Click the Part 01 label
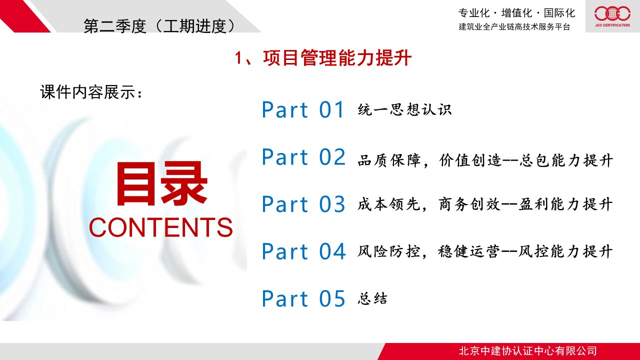(x=303, y=109)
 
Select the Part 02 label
(x=303, y=157)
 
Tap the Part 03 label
(x=303, y=204)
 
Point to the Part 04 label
(x=303, y=251)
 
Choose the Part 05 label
(x=303, y=298)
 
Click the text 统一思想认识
(x=404, y=109)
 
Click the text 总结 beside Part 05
(x=372, y=299)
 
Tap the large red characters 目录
(x=161, y=183)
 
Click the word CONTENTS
(x=161, y=227)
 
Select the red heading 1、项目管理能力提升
(x=323, y=58)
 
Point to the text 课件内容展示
(x=91, y=92)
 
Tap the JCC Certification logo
(x=612, y=16)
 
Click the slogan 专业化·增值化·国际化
(x=516, y=13)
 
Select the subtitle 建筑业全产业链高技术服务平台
(x=514, y=27)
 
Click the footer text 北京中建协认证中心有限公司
(x=527, y=351)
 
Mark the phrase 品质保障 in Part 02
(x=389, y=160)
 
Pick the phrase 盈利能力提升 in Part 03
(x=565, y=204)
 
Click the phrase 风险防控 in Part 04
(x=388, y=251)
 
